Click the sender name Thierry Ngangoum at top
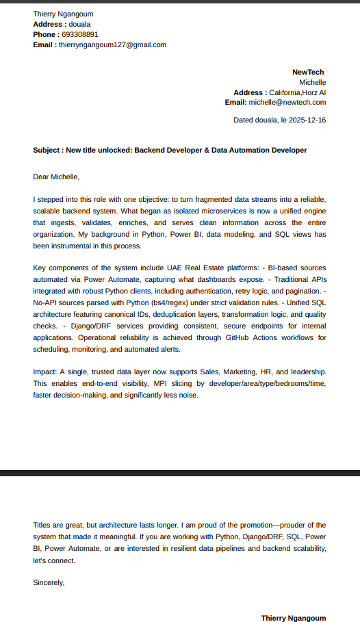click(x=63, y=14)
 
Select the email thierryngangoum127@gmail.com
click(x=112, y=44)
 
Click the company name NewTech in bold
click(x=307, y=72)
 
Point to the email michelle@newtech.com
click(x=287, y=102)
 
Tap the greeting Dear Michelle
click(x=56, y=177)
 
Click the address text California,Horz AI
click(x=297, y=92)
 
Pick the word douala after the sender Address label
click(x=80, y=24)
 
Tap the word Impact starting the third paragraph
click(x=44, y=371)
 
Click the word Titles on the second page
click(x=42, y=525)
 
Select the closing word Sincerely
click(x=49, y=583)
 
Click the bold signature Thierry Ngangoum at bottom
click(x=294, y=618)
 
